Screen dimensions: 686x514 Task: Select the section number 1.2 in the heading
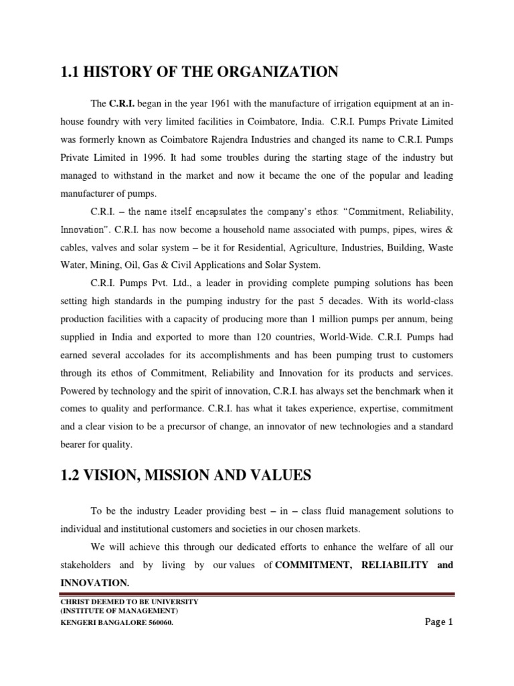pyautogui.click(x=70, y=476)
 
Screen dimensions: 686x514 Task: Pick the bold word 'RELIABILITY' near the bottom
pyautogui.click(x=395, y=565)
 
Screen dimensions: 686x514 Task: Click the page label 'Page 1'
pyautogui.click(x=439, y=622)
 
